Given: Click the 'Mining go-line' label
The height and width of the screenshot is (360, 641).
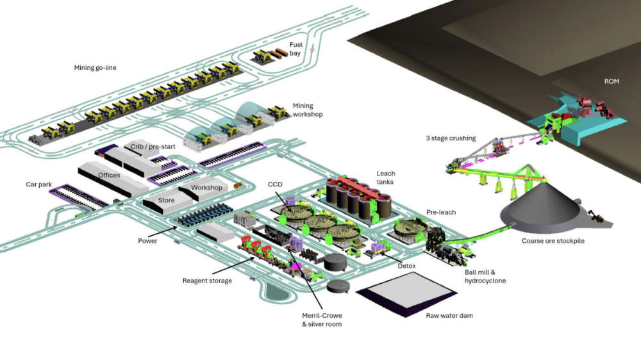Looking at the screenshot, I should tap(94, 67).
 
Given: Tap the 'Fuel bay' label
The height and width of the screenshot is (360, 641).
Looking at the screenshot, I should tap(296, 49).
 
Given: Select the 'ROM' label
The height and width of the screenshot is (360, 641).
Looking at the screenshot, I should tap(612, 82).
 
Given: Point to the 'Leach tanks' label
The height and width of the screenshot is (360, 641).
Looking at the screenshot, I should tap(386, 178).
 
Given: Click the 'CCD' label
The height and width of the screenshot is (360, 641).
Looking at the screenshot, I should tap(275, 184).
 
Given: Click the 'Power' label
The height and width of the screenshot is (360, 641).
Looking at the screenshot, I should tap(147, 241).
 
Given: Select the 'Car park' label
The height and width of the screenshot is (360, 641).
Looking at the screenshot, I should tap(40, 184).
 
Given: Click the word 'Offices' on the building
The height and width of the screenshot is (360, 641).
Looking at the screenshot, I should tap(109, 175).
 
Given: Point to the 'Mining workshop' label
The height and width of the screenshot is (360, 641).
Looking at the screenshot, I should tap(307, 110).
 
